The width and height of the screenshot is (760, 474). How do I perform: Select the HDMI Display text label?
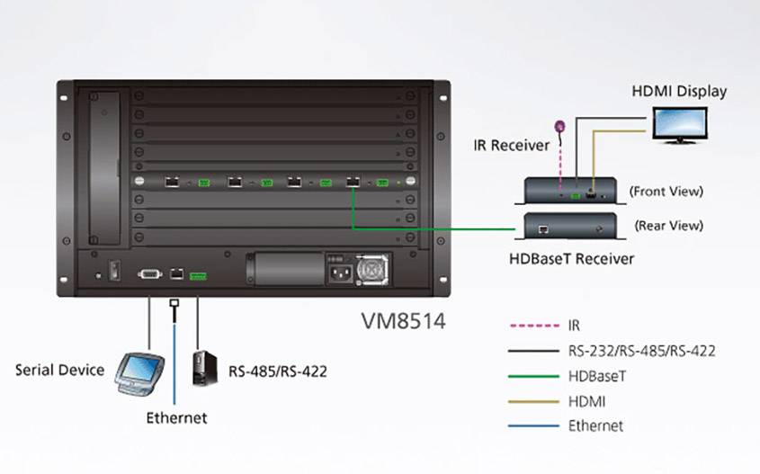click(679, 91)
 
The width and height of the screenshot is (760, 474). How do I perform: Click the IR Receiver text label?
click(510, 145)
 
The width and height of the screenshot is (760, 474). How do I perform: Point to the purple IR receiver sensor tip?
click(559, 128)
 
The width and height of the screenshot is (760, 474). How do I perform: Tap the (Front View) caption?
click(666, 191)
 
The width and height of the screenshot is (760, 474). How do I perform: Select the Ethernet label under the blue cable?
click(176, 417)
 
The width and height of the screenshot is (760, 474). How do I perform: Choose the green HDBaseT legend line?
click(529, 376)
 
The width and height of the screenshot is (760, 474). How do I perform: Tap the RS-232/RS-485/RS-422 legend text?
click(641, 351)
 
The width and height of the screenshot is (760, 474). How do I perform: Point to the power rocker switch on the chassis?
click(113, 269)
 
